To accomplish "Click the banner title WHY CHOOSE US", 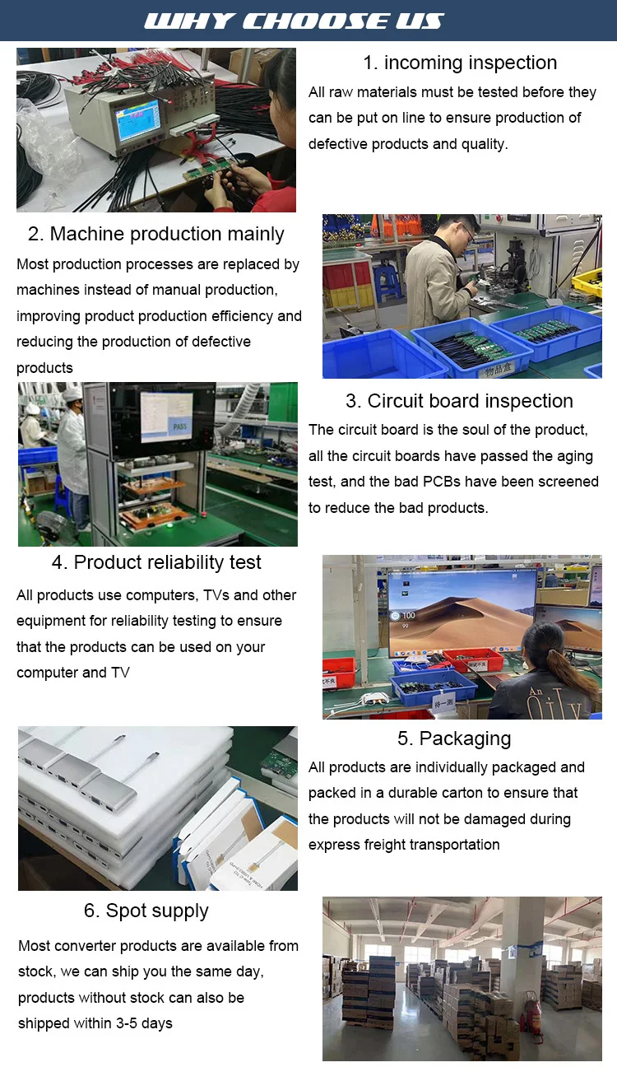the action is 294,21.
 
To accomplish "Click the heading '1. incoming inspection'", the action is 460,63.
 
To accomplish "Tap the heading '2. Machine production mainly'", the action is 155,234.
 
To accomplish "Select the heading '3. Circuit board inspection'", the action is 459,401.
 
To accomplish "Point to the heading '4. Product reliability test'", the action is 156,562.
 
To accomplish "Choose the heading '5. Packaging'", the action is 454,739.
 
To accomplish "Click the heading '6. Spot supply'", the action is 146,911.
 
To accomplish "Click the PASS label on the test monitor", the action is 180,426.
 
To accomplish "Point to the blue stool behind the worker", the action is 386,281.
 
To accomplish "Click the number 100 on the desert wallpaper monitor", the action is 409,616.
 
